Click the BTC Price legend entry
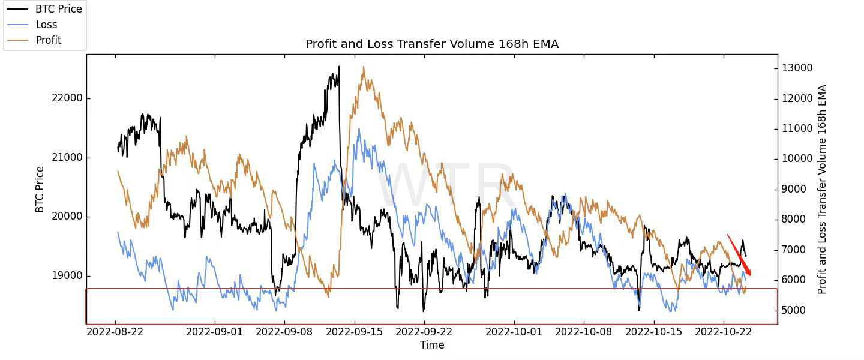(x=58, y=9)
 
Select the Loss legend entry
(x=46, y=25)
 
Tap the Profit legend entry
(x=48, y=40)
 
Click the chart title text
(x=432, y=44)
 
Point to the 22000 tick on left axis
(x=67, y=98)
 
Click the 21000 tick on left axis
(x=67, y=158)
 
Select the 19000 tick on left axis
(x=67, y=276)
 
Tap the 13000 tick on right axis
(x=797, y=68)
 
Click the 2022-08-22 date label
(x=116, y=331)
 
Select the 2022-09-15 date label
(x=354, y=331)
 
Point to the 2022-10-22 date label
(x=724, y=331)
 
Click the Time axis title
(x=432, y=345)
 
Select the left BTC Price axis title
(x=40, y=190)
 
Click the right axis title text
(x=822, y=190)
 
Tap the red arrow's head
(x=749, y=275)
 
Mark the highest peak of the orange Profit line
(x=364, y=67)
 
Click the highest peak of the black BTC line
(x=339, y=67)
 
